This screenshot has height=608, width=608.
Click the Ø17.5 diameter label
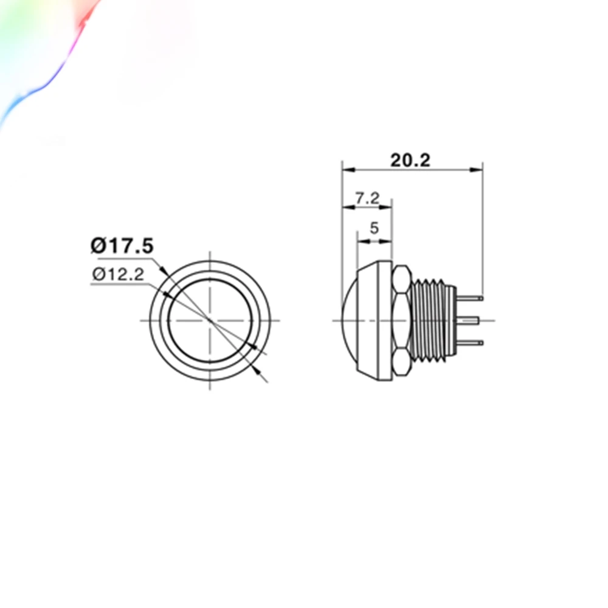point(122,246)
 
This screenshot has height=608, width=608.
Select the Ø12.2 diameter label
point(119,274)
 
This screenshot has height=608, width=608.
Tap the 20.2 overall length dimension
point(410,160)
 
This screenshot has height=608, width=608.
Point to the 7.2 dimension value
point(367,198)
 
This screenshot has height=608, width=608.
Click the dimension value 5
point(374,228)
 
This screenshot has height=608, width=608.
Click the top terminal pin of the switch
point(470,298)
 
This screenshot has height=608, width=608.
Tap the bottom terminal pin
point(470,343)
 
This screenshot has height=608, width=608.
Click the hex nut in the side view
point(402,320)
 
